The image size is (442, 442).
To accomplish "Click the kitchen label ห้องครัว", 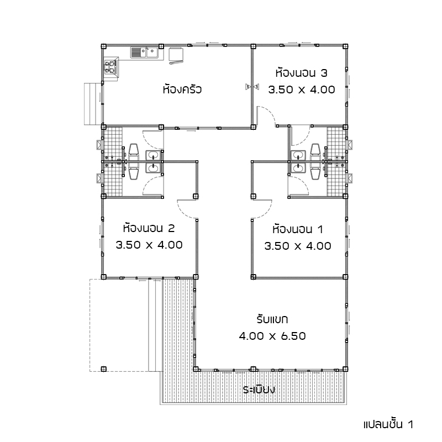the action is (182, 89).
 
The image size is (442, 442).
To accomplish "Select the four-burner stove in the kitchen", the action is (110, 67).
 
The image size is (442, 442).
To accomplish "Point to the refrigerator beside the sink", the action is (176, 55).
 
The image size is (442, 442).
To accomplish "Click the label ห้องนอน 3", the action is (301, 73).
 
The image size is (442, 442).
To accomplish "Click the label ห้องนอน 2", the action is (149, 228).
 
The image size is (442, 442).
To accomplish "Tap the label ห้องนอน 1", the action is (298, 229).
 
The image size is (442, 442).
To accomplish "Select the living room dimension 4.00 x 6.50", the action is (272, 336).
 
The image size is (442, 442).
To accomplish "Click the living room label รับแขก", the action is (272, 319).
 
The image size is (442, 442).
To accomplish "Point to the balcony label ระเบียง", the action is (259, 390).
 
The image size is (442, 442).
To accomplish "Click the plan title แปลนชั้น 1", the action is (388, 424).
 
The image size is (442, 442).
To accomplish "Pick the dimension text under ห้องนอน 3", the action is (302, 90).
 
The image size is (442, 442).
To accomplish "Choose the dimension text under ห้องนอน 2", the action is (149, 245).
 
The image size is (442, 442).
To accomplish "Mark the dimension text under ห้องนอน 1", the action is (298, 246).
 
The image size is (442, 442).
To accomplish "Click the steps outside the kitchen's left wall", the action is (93, 104).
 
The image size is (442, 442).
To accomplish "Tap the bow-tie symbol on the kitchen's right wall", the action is (252, 87).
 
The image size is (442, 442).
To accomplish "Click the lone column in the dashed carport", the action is (103, 369).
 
